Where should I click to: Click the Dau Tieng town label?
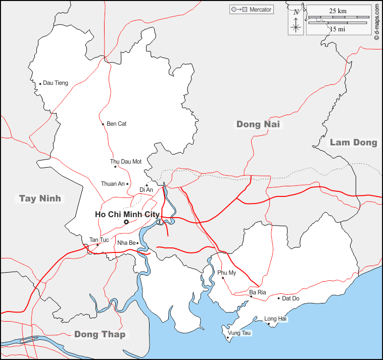pos(56,83)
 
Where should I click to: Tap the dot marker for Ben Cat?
pos(103,124)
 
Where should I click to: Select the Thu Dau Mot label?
pos(126,162)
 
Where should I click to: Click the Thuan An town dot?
pos(127,184)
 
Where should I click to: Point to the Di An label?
pos(146,190)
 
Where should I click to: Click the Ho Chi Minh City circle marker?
pos(126,222)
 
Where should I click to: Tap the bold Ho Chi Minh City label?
pos(127,215)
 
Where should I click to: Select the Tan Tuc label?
pos(99,239)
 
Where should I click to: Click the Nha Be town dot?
pos(137,243)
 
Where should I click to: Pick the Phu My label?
pos(227,273)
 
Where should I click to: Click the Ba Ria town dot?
pos(251,297)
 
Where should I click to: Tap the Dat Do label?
pos(291,298)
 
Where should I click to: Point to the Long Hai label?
pos(275,319)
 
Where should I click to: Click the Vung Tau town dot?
pos(227,338)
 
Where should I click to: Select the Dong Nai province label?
pos(258,124)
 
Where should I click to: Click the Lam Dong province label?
pos(354,142)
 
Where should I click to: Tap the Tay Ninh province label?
pos(40,198)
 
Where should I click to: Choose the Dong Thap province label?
pos(100,334)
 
